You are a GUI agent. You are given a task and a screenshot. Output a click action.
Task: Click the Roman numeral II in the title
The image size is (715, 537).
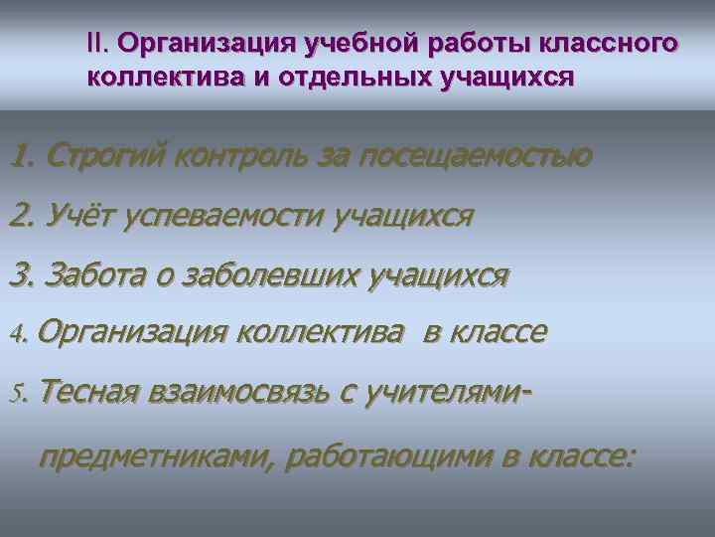click(96, 45)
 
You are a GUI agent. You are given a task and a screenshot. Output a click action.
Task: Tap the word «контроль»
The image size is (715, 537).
click(253, 156)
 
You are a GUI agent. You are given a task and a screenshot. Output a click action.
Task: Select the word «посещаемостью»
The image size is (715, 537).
click(476, 156)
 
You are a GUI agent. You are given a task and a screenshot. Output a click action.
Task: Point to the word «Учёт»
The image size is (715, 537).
click(80, 216)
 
